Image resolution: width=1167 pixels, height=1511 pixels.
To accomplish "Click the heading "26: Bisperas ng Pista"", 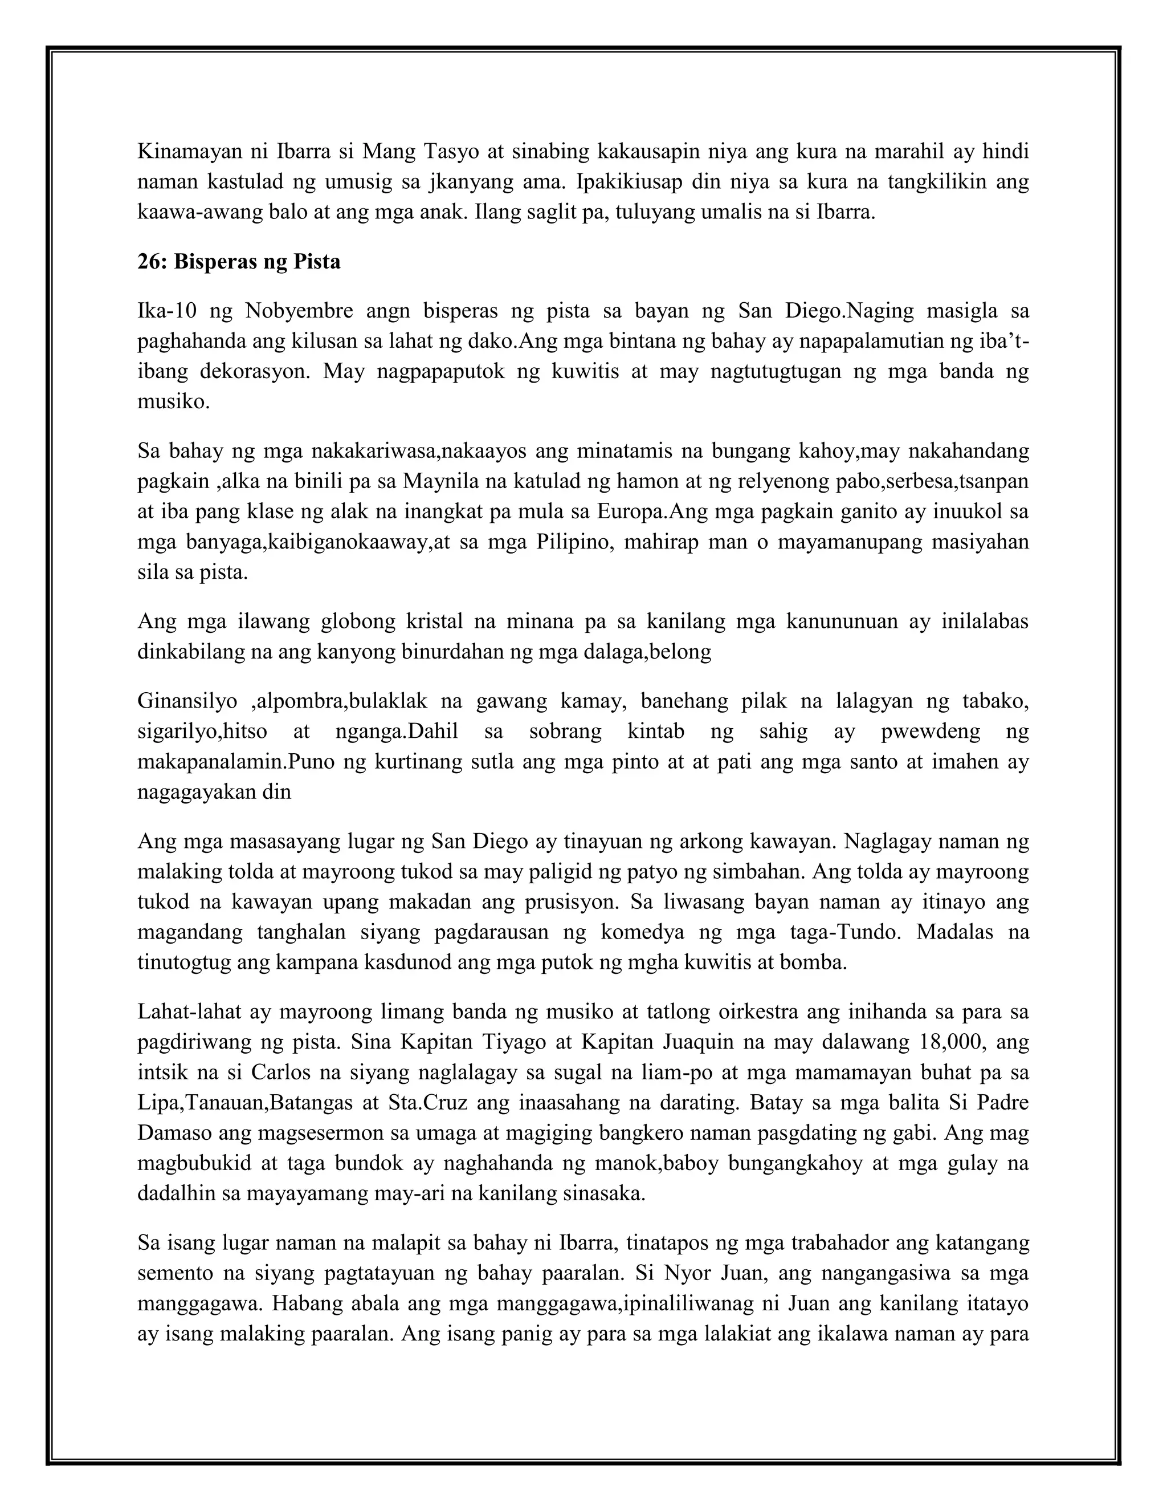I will [x=239, y=262].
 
